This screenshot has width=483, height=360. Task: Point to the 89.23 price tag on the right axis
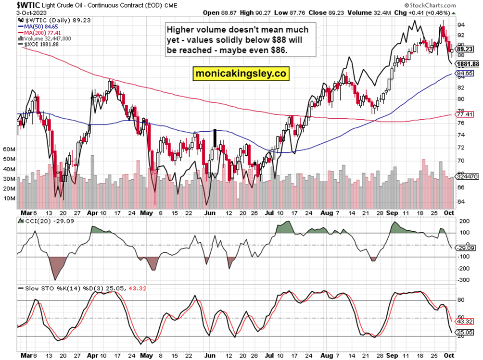465,49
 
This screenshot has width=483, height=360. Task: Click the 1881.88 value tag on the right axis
467,64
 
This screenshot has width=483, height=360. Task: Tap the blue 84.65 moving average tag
465,74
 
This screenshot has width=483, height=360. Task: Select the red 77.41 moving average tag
465,114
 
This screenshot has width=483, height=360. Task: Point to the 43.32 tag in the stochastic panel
465,321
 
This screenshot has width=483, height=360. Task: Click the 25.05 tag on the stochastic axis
465,332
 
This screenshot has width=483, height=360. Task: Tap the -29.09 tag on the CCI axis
465,248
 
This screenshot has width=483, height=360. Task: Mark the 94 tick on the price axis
460,25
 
